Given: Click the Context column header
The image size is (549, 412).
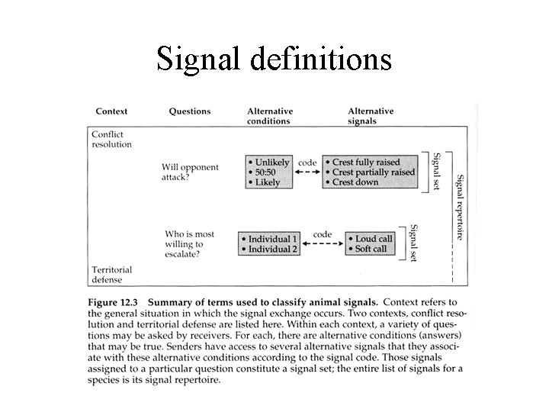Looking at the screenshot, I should pyautogui.click(x=111, y=111).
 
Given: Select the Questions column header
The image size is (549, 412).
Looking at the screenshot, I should pyautogui.click(x=189, y=111).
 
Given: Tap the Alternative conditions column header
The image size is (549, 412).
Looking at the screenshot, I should pyautogui.click(x=270, y=116).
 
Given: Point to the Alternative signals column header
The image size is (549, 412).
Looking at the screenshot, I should pyautogui.click(x=371, y=116).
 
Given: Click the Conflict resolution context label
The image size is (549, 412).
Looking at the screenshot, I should pyautogui.click(x=111, y=140).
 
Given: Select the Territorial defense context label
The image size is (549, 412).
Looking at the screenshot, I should pyautogui.click(x=111, y=275).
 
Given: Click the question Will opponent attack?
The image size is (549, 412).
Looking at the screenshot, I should pyautogui.click(x=190, y=172).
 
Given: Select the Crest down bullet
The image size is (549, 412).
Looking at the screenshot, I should pyautogui.click(x=359, y=182).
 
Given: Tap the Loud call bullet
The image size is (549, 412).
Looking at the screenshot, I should pyautogui.click(x=372, y=239).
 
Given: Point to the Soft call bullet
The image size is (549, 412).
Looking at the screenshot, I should pyautogui.click(x=371, y=249).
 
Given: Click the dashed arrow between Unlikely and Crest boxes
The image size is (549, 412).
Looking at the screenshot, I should pyautogui.click(x=307, y=173).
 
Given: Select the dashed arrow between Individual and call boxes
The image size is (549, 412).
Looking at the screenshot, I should pyautogui.click(x=320, y=245).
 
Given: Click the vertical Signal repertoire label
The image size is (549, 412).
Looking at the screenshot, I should pyautogui.click(x=460, y=207).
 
